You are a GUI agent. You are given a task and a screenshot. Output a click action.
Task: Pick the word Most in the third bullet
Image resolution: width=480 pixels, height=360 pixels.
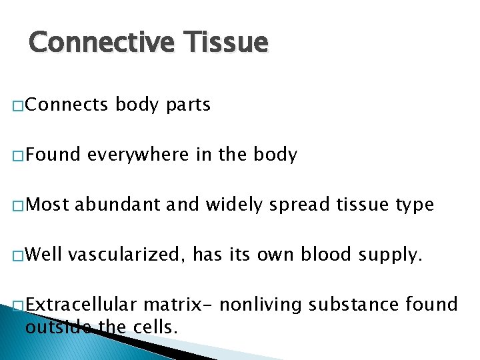[x=48, y=205]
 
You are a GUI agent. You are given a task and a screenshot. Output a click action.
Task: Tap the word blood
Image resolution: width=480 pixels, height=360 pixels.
[x=321, y=254]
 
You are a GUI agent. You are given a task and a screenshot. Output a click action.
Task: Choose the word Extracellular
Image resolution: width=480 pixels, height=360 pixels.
[x=81, y=305]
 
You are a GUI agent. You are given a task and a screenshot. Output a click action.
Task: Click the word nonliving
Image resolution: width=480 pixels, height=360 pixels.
[x=261, y=305]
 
